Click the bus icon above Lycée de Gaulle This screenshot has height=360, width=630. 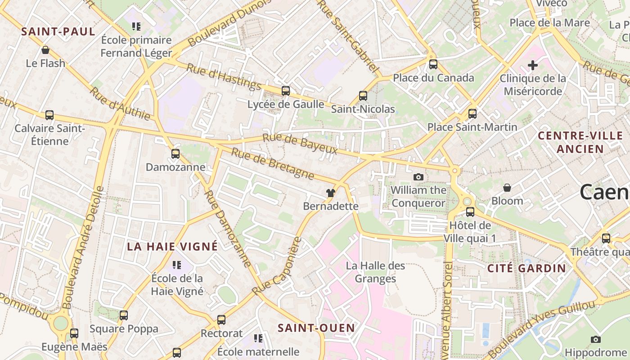pyautogui.click(x=286, y=91)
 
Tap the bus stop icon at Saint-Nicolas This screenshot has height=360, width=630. pyautogui.click(x=363, y=96)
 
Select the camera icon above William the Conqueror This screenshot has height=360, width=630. pyautogui.click(x=418, y=177)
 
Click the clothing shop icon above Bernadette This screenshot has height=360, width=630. pyautogui.click(x=331, y=193)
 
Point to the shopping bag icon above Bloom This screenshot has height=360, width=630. pyautogui.click(x=507, y=187)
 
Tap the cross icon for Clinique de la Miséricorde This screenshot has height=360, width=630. pyautogui.click(x=533, y=65)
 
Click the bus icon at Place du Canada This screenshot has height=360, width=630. pyautogui.click(x=433, y=64)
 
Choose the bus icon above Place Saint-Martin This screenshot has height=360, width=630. pyautogui.click(x=472, y=114)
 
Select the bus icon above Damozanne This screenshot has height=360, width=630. pyautogui.click(x=175, y=154)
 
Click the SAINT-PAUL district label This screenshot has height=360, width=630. pyautogui.click(x=58, y=31)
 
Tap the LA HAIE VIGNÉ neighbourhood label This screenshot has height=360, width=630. pyautogui.click(x=172, y=247)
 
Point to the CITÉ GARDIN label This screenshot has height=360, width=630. pyautogui.click(x=526, y=269)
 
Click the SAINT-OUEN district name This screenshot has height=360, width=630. pyautogui.click(x=316, y=328)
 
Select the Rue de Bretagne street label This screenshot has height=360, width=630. pyautogui.click(x=272, y=163)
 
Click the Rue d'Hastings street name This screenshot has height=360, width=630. pyautogui.click(x=224, y=76)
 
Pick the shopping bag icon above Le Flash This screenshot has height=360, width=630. pyautogui.click(x=45, y=50)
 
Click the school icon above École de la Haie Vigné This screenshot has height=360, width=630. pyautogui.click(x=177, y=265)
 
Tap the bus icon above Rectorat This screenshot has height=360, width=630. pyautogui.click(x=221, y=320)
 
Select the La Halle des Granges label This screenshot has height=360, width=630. pyautogui.click(x=375, y=272)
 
